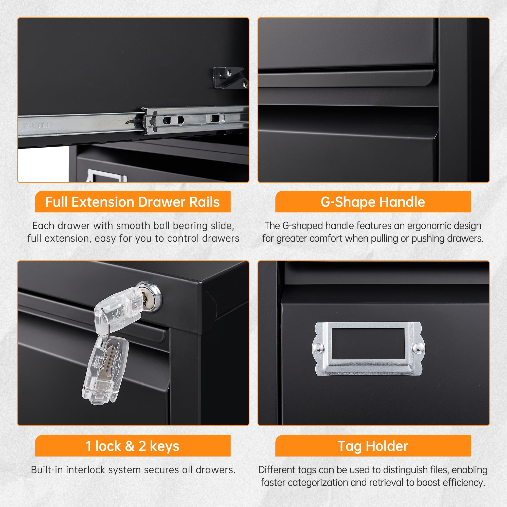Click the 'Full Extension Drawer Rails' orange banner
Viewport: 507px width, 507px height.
tap(133, 202)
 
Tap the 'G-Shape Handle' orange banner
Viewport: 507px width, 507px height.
tap(373, 202)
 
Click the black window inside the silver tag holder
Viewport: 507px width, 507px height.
tap(368, 344)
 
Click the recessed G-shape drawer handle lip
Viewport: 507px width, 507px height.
tap(346, 79)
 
